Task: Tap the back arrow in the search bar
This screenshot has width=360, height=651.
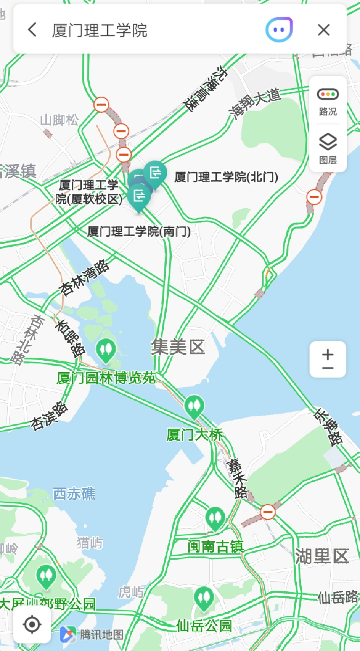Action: click(x=32, y=30)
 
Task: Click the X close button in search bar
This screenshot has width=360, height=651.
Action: click(x=323, y=30)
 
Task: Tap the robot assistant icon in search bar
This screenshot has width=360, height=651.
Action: click(x=279, y=30)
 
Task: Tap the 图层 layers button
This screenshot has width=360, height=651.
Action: click(x=328, y=149)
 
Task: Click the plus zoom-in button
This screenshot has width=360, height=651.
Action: click(x=328, y=354)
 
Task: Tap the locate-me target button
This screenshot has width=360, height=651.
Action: click(x=32, y=625)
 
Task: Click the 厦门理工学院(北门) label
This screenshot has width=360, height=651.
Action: click(x=226, y=177)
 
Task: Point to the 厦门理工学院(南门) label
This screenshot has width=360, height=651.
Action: click(x=139, y=231)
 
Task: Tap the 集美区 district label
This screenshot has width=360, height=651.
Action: click(x=178, y=347)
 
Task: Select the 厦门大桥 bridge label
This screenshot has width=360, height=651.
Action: click(x=194, y=435)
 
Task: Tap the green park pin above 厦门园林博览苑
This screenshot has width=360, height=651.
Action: click(x=106, y=350)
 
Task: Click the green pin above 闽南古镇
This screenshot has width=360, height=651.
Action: click(x=215, y=518)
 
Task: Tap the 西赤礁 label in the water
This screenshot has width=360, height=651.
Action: click(x=74, y=493)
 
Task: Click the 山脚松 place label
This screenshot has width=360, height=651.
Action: click(x=59, y=120)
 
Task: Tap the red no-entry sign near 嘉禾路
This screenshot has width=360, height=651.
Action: click(x=268, y=512)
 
